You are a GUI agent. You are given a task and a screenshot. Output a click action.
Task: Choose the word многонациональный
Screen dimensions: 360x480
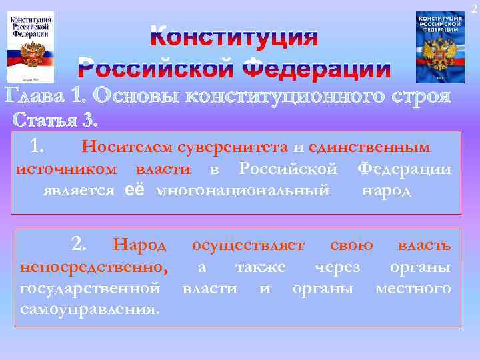242,191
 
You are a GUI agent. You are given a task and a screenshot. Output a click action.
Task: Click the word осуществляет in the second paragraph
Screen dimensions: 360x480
248,245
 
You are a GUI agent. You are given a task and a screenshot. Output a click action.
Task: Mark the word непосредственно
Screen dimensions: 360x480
94,267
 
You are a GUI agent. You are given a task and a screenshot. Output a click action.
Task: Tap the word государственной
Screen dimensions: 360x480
90,289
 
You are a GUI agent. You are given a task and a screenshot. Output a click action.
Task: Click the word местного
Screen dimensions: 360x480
413,289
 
